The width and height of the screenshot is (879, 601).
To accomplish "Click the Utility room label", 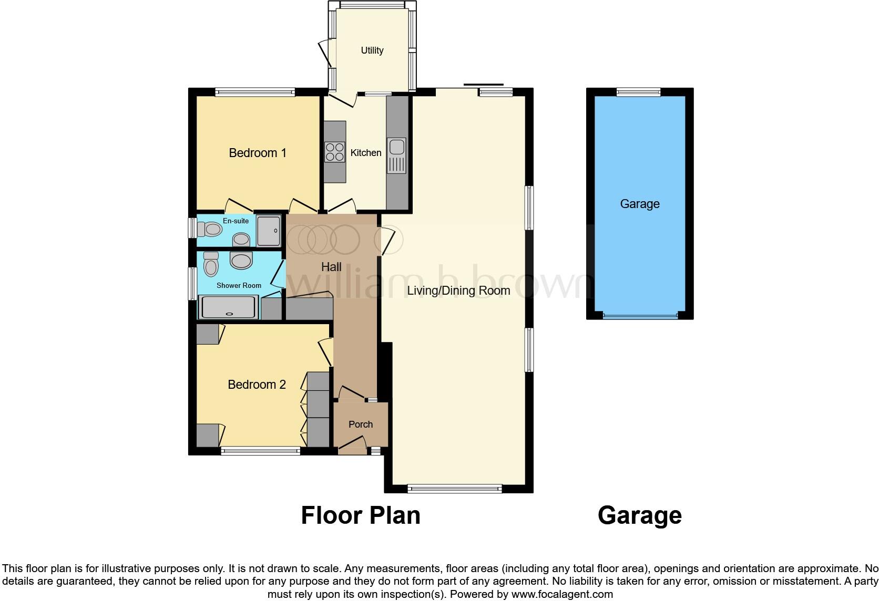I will click(x=372, y=50).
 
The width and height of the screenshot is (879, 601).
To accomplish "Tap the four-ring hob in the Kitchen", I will click(x=335, y=152).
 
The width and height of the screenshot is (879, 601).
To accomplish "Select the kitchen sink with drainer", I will click(x=396, y=155).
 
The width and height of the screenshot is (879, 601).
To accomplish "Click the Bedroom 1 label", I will click(x=258, y=153).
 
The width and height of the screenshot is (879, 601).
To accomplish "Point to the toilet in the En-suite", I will click(x=210, y=229).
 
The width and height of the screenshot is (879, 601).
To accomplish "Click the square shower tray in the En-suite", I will click(x=269, y=230).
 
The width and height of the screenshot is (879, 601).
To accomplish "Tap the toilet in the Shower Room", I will click(x=211, y=264).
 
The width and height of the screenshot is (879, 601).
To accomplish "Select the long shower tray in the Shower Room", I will click(x=229, y=307).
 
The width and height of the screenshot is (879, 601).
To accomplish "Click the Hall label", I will click(x=331, y=267).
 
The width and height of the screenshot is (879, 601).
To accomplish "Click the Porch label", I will click(x=361, y=424).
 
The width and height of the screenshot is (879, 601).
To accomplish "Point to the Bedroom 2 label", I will click(x=257, y=385).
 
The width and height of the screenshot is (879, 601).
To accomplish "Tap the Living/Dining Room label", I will click(x=458, y=291).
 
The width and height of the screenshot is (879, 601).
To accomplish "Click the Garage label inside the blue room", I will click(x=640, y=204).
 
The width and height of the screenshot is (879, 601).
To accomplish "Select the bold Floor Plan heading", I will click(x=361, y=515).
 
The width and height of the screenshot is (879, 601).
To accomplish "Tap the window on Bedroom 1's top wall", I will click(x=255, y=92).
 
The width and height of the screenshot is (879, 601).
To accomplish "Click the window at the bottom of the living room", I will click(x=455, y=489).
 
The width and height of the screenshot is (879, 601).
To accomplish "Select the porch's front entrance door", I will click(x=352, y=448).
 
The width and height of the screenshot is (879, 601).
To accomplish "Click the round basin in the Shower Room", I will click(x=241, y=260).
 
